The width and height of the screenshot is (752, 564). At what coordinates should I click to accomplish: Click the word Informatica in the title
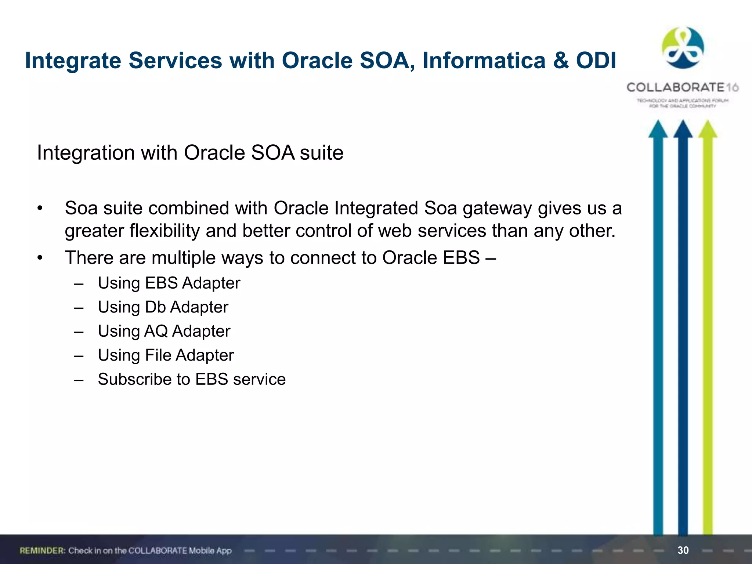[x=484, y=61]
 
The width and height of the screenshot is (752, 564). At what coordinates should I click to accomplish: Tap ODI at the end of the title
[x=596, y=61]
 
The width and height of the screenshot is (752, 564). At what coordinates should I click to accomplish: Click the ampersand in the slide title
[x=561, y=61]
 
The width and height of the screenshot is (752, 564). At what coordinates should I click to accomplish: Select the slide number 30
[x=683, y=550]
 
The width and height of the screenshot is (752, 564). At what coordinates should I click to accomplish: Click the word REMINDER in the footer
[x=42, y=551]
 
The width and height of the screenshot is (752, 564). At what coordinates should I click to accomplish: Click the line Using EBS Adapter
[x=169, y=283]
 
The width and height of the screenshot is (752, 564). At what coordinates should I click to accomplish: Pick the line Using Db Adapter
[x=163, y=307]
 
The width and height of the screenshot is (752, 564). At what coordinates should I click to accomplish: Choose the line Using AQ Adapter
[x=164, y=331]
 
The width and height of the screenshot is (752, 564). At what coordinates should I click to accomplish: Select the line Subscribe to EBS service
[x=192, y=379]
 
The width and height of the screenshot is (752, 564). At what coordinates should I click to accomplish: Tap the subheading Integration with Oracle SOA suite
[x=190, y=153]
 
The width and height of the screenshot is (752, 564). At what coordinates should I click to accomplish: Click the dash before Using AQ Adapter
[x=79, y=332]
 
